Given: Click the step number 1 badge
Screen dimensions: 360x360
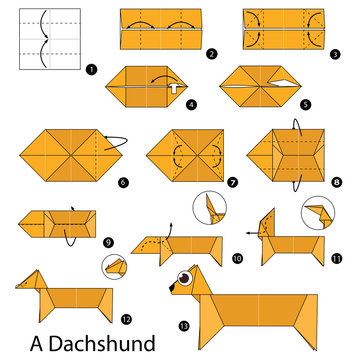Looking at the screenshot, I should [x=91, y=70].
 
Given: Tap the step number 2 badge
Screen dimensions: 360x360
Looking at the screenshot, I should [x=211, y=51].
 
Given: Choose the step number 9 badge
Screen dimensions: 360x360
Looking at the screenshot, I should [x=107, y=240].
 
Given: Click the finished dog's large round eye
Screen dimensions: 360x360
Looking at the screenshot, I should [x=186, y=276].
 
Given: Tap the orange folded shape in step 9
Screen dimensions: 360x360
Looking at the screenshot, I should [x=59, y=221].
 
